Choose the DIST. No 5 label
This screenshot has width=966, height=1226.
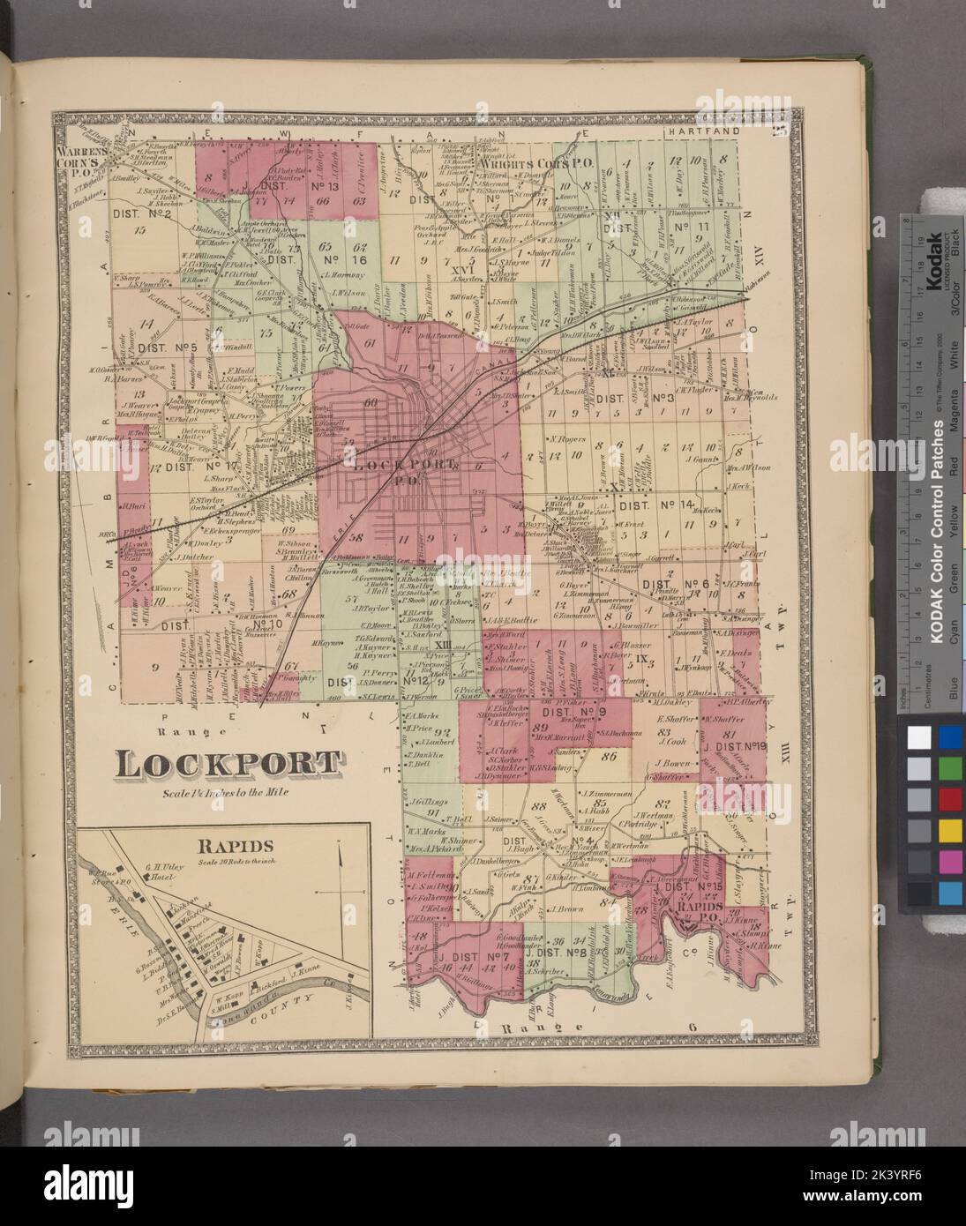point(174,347)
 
